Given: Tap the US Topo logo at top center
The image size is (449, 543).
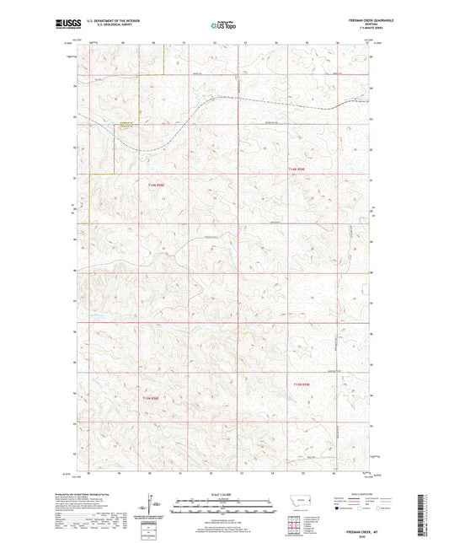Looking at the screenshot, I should [223, 26].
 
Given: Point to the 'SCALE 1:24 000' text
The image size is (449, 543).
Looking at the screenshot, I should [223, 494].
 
